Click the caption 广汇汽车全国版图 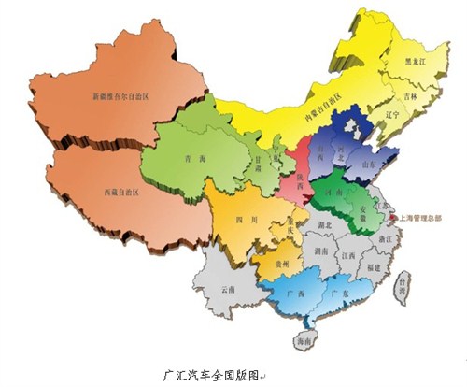pyautogui.click(x=214, y=372)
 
